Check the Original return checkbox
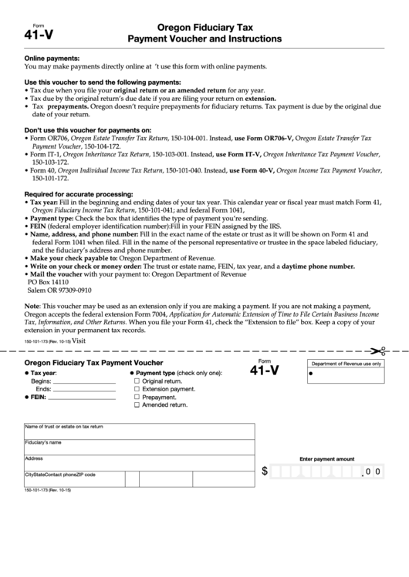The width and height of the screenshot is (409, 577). click(x=137, y=381)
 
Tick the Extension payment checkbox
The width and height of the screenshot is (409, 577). click(x=137, y=389)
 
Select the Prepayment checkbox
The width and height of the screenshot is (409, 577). click(x=137, y=397)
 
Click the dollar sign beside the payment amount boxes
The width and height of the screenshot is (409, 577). click(x=265, y=471)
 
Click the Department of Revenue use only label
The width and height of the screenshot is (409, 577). click(x=346, y=363)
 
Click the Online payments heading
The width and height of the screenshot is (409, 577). click(x=52, y=59)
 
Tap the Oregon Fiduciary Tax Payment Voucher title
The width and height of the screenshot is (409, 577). click(x=93, y=362)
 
